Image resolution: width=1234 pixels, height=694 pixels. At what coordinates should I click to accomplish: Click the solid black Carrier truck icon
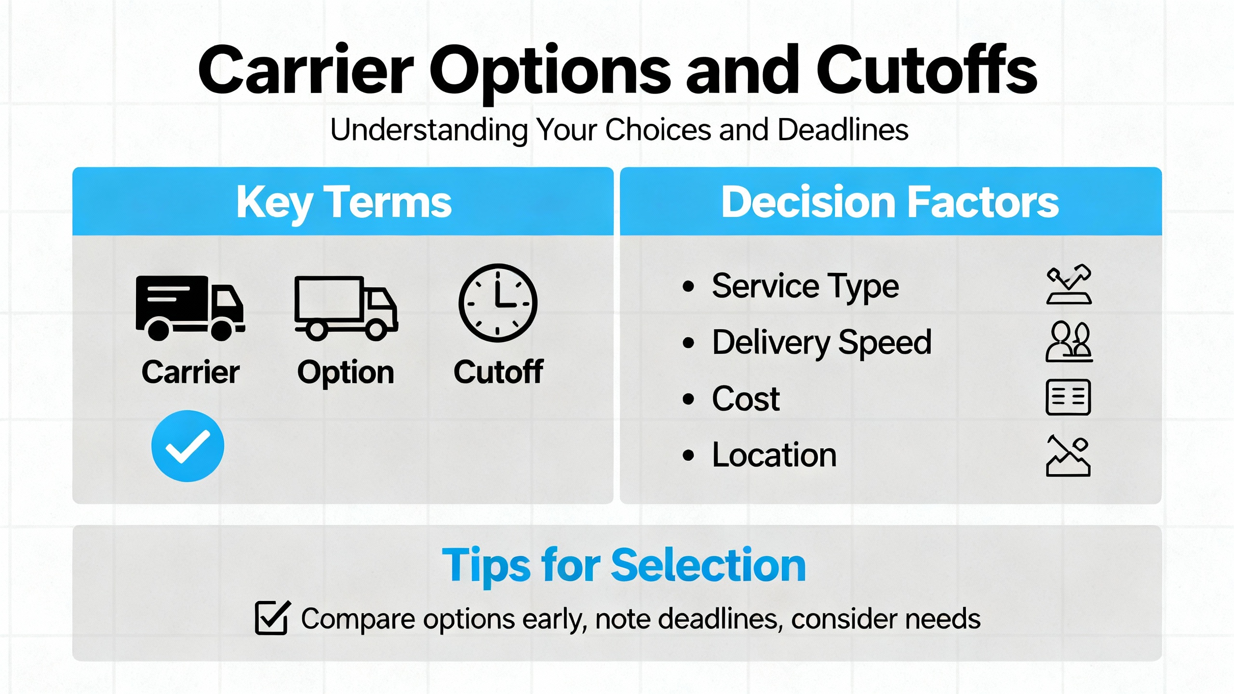[190, 308]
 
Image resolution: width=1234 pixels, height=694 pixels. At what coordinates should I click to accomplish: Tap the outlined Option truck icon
[346, 308]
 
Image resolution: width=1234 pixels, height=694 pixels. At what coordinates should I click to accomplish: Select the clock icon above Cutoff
[497, 303]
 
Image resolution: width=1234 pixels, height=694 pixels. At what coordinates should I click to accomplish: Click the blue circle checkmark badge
[188, 446]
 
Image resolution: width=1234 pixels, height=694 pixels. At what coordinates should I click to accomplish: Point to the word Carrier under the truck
[190, 372]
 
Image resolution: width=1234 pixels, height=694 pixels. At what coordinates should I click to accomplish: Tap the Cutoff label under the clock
[498, 372]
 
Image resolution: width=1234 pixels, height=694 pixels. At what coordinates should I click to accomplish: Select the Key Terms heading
[344, 203]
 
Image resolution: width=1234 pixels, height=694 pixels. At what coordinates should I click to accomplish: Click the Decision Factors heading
[890, 202]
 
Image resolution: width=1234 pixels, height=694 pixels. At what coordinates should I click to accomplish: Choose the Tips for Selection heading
[624, 566]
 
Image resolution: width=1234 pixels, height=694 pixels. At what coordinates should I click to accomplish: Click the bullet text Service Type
[805, 286]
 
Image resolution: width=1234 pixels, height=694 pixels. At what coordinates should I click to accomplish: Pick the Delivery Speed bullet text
[821, 343]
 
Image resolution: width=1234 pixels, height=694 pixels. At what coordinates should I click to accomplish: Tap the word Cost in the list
[746, 399]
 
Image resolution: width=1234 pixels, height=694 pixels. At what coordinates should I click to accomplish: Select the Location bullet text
[774, 455]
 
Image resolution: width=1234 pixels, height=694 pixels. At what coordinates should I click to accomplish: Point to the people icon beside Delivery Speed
[1069, 342]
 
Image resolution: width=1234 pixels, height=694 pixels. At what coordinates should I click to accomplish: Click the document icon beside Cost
[1068, 398]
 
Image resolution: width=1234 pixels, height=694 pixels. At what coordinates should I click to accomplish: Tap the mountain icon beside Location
[1068, 456]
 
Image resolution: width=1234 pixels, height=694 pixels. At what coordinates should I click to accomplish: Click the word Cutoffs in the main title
[926, 70]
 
